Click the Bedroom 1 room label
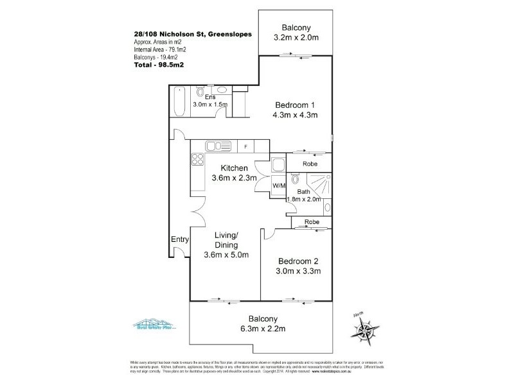point(296,105)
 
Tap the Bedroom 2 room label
point(297,261)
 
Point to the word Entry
point(179,239)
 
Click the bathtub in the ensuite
point(179,102)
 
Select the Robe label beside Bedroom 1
point(310,164)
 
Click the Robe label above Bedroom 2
point(312,221)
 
